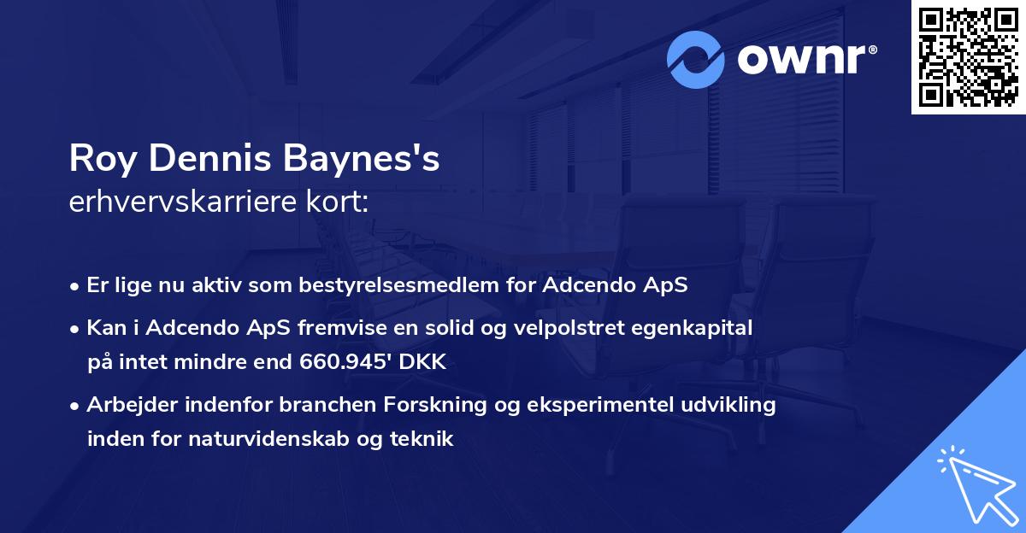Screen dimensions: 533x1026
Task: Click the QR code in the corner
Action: (968, 56)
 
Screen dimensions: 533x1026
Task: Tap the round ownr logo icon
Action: (696, 59)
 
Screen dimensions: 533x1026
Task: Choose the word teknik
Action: (423, 439)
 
